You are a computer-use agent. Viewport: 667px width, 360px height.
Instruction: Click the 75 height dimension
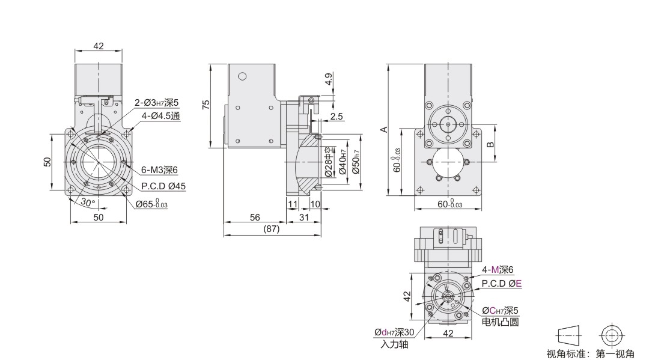click(206, 105)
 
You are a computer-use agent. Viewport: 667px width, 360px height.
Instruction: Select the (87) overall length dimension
click(272, 229)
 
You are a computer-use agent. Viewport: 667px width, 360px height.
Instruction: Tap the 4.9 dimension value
click(329, 79)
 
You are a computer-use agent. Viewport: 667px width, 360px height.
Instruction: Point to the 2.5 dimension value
click(336, 117)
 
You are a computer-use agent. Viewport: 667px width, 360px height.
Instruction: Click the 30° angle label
click(87, 202)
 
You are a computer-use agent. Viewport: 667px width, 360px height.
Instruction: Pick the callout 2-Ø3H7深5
click(157, 103)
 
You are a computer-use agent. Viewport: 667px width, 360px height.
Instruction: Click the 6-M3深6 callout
click(159, 170)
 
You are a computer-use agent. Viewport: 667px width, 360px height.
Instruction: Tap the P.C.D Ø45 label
click(163, 186)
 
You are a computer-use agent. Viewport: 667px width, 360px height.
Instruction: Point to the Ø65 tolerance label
click(151, 204)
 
